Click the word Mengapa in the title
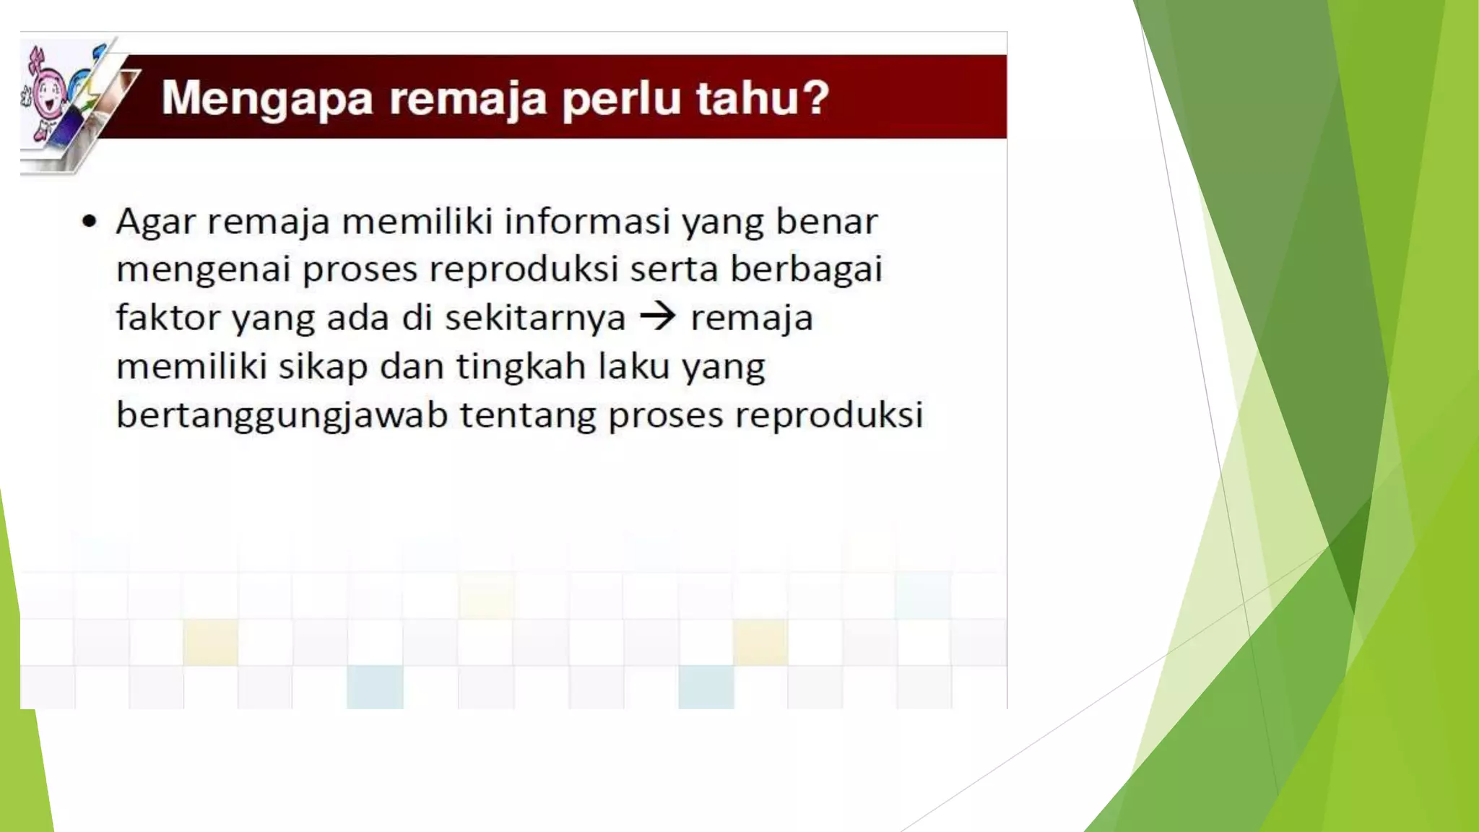[266, 98]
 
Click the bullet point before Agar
[89, 222]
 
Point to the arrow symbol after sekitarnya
[658, 316]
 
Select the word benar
[826, 221]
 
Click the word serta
[673, 269]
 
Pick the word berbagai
[806, 270]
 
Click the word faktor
[168, 317]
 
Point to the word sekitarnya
[534, 318]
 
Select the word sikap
[323, 367]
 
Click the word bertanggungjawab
[282, 416]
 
